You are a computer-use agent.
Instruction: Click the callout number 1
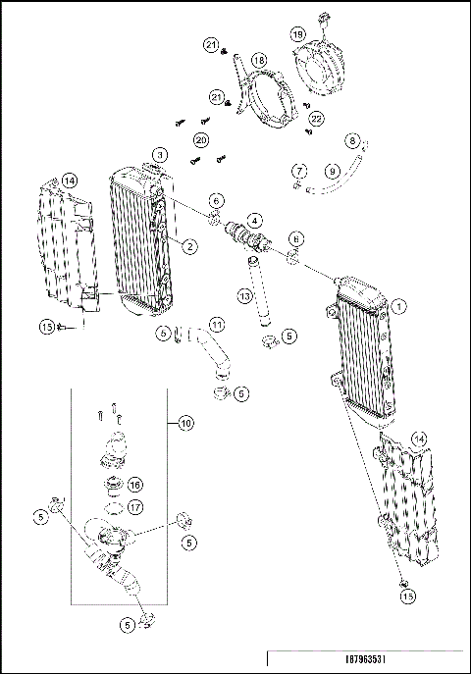pos(399,306)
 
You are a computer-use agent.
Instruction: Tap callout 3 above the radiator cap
pos(160,155)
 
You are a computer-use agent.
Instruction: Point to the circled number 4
pos(254,219)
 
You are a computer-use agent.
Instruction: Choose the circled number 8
pos(352,140)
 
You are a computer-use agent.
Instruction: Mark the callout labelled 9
pos(333,172)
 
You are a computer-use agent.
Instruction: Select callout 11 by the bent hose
pos(216,323)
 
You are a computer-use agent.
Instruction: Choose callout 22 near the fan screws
pos(316,118)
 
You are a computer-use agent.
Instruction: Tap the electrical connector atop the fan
pos(322,18)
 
